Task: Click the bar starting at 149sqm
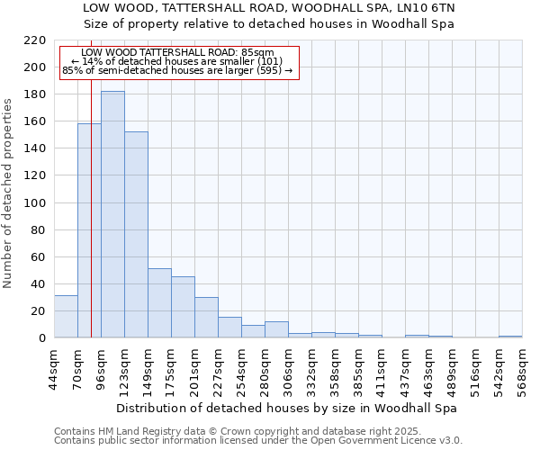(159, 302)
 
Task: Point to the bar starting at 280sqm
(276, 329)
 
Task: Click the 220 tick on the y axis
(35, 40)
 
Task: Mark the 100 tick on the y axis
(35, 202)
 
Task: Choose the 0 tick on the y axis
(41, 338)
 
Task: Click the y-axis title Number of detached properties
(8, 189)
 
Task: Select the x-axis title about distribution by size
(287, 408)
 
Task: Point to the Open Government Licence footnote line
(258, 441)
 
